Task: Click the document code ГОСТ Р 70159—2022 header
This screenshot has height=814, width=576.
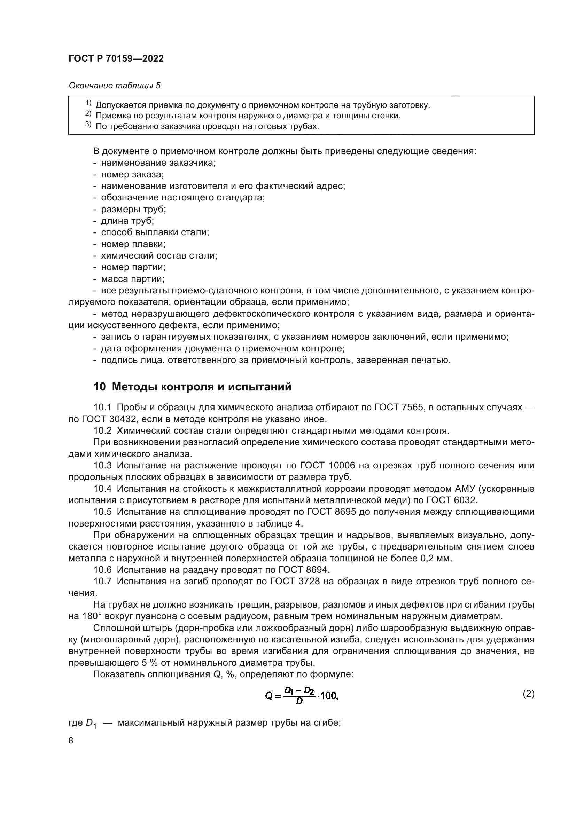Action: (x=116, y=59)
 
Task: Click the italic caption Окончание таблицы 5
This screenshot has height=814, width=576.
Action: (x=115, y=86)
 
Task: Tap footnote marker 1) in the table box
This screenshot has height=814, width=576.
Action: (x=88, y=103)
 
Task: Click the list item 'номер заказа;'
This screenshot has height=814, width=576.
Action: (x=132, y=174)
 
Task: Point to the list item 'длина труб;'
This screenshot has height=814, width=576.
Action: (x=127, y=221)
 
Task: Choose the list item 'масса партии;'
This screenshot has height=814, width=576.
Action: (x=133, y=279)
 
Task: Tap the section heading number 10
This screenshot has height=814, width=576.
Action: (x=99, y=387)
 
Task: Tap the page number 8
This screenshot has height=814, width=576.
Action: (x=71, y=741)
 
